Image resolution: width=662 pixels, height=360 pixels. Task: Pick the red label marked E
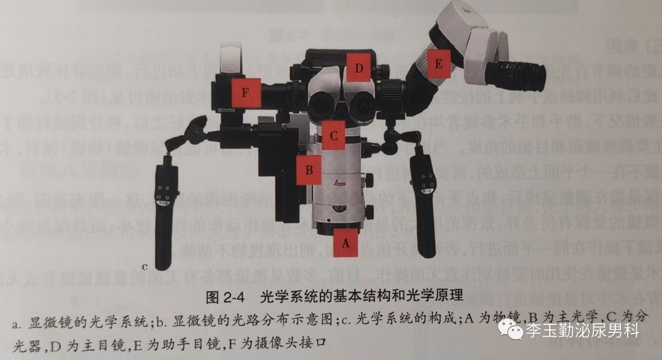(438, 64)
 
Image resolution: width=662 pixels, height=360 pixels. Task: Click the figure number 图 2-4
(226, 298)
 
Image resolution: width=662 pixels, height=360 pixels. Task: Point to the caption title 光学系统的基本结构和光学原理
(361, 298)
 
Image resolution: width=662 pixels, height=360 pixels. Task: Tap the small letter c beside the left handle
(145, 266)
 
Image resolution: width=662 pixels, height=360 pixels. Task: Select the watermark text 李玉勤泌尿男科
(582, 332)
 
